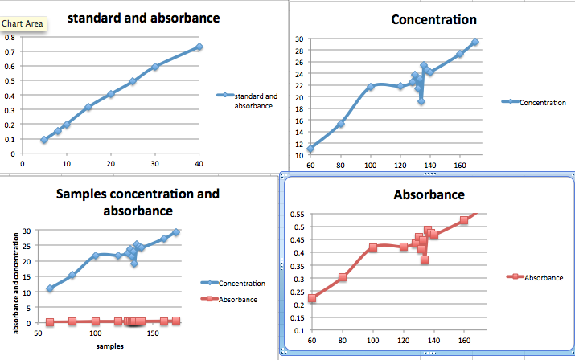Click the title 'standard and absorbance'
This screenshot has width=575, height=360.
(154, 18)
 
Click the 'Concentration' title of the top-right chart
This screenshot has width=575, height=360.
(433, 20)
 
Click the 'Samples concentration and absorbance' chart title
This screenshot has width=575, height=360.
(137, 202)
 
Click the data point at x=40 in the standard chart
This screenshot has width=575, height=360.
(199, 47)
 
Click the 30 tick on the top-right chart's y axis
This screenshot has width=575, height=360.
(298, 39)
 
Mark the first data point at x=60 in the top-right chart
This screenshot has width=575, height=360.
(310, 149)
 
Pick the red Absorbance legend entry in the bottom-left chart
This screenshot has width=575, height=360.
(237, 300)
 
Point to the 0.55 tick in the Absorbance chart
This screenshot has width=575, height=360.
(297, 214)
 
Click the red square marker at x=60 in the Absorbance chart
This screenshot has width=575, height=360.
(312, 298)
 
